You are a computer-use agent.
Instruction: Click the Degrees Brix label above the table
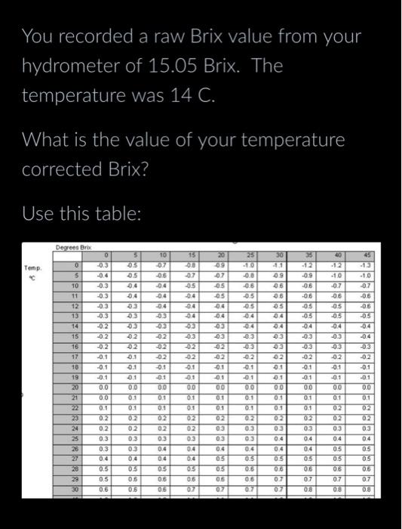[72, 246]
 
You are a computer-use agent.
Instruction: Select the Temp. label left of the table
[32, 268]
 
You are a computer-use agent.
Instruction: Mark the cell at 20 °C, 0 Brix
[105, 386]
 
